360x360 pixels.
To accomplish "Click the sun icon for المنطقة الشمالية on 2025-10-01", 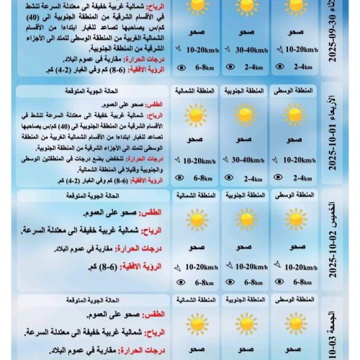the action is [194, 115].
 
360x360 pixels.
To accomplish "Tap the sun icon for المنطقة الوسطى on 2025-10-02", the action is [295, 220].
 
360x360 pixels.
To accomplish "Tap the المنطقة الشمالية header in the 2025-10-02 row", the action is [195, 196].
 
